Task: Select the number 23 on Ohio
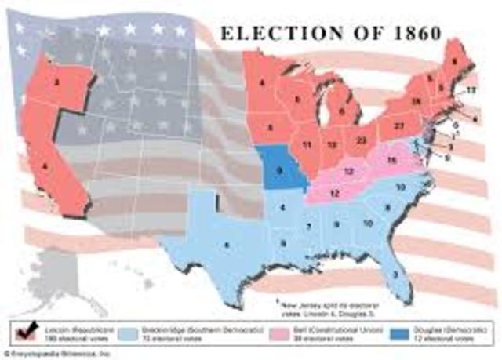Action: point(360,140)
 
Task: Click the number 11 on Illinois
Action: point(307,144)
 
